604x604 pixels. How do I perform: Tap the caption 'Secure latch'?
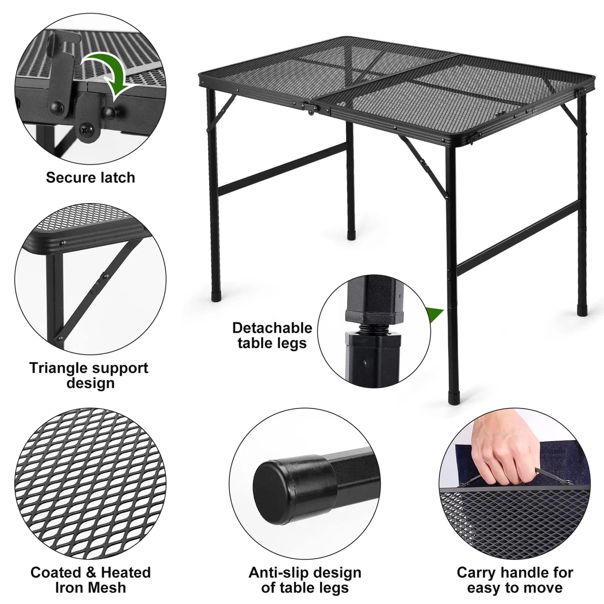tap(91, 177)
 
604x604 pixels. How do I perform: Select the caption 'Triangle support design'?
tap(89, 375)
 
